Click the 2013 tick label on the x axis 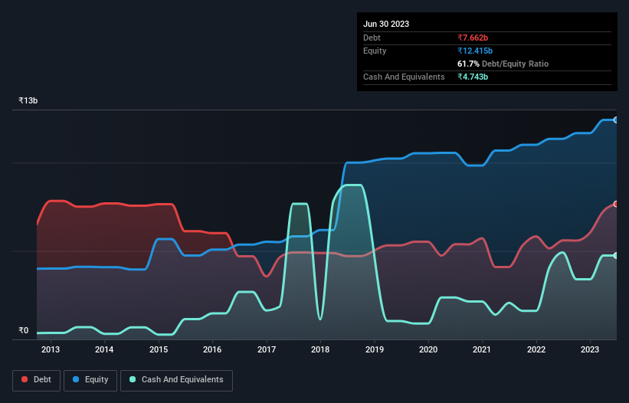coord(51,350)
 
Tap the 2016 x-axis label coord(212,350)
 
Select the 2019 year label coord(374,350)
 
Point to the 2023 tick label coord(590,350)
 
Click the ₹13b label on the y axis coord(28,100)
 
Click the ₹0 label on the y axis coord(23,331)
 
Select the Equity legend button coord(90,379)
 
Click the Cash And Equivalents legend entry coord(176,379)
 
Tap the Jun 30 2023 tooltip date coord(386,24)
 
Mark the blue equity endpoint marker coord(616,120)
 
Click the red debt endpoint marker coord(616,204)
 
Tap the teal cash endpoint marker coord(616,255)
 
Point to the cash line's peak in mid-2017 coord(300,204)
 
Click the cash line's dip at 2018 coord(320,319)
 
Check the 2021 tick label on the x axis coord(482,350)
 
